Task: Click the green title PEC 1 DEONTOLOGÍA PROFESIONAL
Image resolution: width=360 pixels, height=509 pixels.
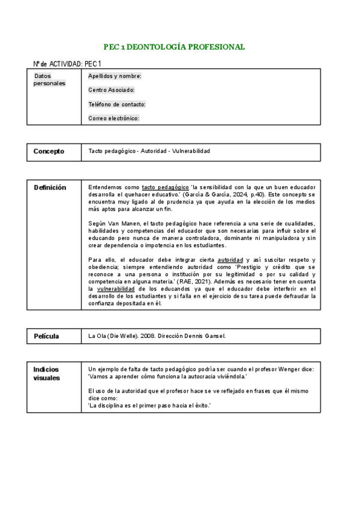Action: click(x=174, y=47)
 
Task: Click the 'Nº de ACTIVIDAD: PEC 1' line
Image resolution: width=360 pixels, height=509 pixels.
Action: click(x=67, y=64)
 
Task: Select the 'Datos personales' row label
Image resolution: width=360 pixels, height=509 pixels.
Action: click(x=49, y=80)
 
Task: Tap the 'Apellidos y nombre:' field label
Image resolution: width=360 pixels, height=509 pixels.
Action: click(x=115, y=76)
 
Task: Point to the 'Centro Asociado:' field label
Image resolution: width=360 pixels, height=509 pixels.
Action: click(x=111, y=90)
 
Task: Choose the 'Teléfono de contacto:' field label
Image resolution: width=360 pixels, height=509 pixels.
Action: click(x=116, y=104)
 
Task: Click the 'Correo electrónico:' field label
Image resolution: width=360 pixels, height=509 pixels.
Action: click(x=113, y=118)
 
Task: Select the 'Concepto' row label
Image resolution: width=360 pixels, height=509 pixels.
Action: click(x=49, y=152)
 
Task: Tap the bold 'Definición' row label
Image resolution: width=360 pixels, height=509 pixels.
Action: click(x=50, y=188)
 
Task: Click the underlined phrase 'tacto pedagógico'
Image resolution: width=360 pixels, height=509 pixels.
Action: click(x=164, y=187)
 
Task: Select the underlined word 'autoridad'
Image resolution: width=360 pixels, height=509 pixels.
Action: click(x=230, y=259)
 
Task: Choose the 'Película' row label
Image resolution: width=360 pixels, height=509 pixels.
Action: click(x=47, y=336)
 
